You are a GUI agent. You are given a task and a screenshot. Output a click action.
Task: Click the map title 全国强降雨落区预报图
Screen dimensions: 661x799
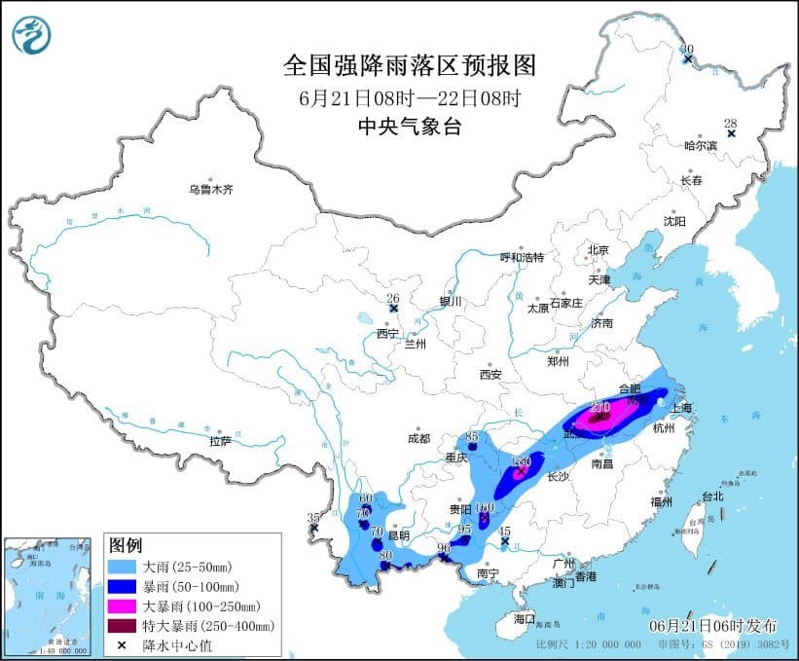point(409,65)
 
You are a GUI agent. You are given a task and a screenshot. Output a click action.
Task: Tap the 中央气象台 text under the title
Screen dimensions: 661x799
point(409,126)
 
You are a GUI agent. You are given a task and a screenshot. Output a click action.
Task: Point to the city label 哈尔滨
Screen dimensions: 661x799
point(700,146)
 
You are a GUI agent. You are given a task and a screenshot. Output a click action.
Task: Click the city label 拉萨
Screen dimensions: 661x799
point(220,441)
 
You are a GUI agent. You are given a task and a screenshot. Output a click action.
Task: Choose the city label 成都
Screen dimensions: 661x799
point(418,439)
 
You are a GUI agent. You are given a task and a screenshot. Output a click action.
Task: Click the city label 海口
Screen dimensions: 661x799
point(524,618)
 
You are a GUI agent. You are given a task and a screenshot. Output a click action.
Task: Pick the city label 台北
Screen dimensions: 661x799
point(712,496)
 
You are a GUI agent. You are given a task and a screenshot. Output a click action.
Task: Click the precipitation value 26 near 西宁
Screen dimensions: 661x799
point(393,298)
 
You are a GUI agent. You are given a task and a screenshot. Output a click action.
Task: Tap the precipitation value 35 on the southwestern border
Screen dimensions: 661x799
point(312,517)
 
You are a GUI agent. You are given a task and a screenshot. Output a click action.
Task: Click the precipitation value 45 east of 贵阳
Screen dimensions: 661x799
point(504,532)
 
